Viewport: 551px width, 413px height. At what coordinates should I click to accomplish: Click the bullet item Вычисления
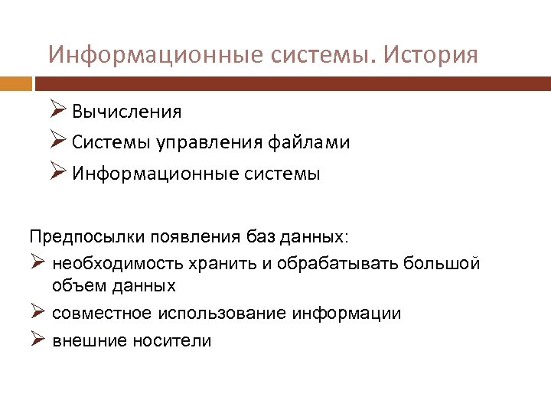point(127,112)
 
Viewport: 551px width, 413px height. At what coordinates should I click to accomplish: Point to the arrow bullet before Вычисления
point(58,112)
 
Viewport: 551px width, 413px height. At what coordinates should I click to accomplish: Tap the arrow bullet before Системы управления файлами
point(58,142)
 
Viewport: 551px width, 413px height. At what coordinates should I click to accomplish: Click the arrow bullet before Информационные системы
point(58,173)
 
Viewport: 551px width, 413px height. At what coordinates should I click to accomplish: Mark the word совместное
point(103,314)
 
